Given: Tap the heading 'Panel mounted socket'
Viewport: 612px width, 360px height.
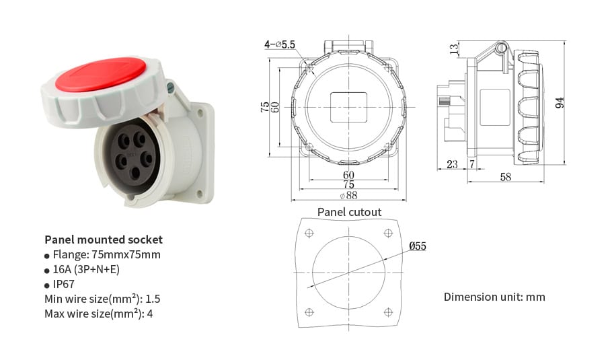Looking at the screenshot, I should tap(103, 240).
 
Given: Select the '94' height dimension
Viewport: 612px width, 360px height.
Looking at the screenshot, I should tap(560, 103).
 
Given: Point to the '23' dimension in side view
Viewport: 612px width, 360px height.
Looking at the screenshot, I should tap(451, 164).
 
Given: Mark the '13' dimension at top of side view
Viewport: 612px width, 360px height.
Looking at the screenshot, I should tap(455, 49).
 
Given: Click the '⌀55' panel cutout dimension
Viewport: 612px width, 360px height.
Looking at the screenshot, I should tap(417, 246).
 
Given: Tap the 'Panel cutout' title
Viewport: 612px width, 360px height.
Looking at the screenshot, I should tap(349, 212).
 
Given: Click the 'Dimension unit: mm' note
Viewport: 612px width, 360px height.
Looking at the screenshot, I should tap(494, 297).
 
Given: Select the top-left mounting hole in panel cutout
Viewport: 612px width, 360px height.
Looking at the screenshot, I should tap(309, 233).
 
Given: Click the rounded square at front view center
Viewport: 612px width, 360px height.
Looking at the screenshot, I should tap(348, 106).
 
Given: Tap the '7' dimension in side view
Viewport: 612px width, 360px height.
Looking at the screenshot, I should tap(472, 164).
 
